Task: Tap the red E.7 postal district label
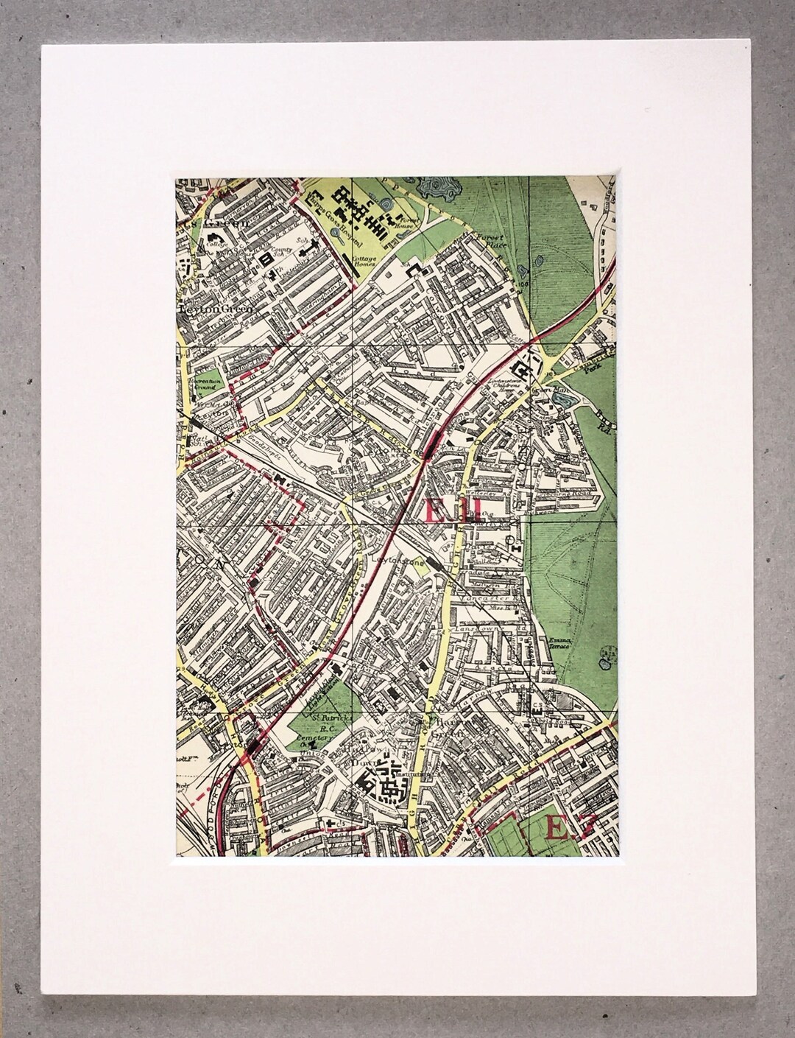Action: pyautogui.click(x=567, y=829)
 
